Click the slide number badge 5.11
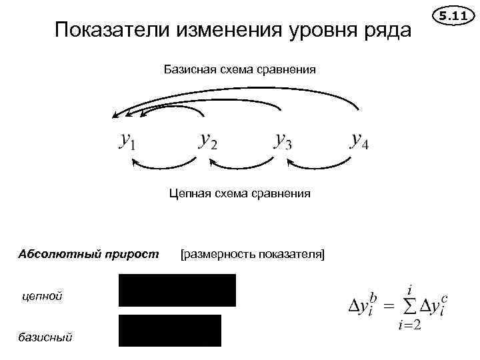click(x=453, y=14)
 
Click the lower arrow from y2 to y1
click(x=164, y=166)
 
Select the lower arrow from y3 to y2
click(x=241, y=166)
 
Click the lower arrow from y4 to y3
click(x=318, y=166)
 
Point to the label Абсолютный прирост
click(x=89, y=253)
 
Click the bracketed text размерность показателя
click(x=252, y=253)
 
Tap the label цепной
click(x=43, y=295)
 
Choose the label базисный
click(x=47, y=337)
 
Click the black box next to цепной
click(x=177, y=290)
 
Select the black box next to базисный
click(x=169, y=330)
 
